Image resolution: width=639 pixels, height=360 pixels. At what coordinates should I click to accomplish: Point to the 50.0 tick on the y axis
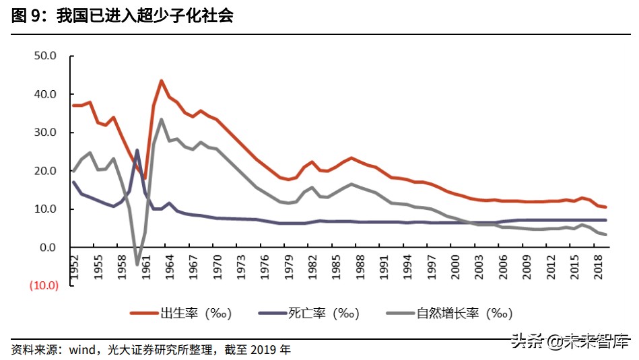45,56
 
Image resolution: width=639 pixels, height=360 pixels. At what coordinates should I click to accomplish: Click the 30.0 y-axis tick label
45,133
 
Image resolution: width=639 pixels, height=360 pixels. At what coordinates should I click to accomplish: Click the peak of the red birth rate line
162,81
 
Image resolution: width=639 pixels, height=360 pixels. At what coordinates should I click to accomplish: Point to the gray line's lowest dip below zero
137,264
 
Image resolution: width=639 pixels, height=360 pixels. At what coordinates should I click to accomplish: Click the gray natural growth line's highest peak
162,120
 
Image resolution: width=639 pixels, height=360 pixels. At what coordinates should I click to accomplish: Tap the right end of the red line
606,207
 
